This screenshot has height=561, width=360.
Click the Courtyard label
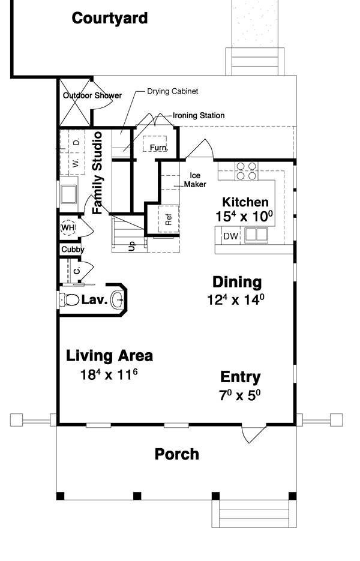[110, 18]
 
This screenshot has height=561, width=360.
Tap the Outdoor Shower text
[92, 95]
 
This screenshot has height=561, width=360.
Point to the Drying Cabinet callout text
[172, 91]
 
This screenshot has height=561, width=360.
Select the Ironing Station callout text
[199, 116]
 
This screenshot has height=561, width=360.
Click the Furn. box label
[158, 148]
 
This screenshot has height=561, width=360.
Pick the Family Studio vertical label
[97, 173]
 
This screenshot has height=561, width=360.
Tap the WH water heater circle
[68, 228]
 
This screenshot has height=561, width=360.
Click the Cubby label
[73, 250]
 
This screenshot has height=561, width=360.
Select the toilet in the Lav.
[69, 300]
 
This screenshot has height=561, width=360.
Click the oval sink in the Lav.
[118, 300]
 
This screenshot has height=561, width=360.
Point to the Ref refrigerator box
[169, 219]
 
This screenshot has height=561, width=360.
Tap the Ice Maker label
[195, 180]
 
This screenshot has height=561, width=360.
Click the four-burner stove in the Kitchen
[247, 171]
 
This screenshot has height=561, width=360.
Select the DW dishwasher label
[231, 236]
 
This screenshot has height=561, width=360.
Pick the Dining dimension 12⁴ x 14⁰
[236, 299]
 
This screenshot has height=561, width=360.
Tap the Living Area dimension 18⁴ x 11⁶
[109, 374]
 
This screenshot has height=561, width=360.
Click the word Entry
[241, 377]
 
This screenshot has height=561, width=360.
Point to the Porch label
[177, 454]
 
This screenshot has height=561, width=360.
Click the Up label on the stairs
[132, 246]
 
